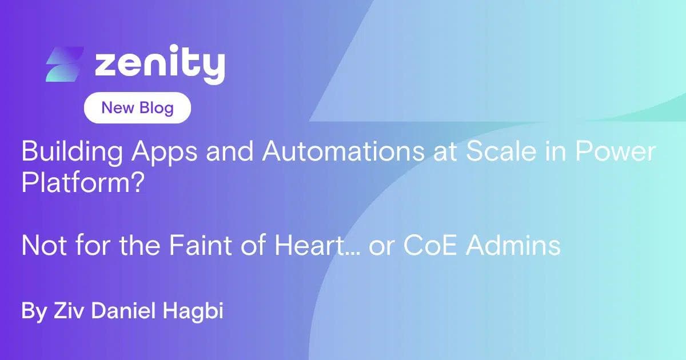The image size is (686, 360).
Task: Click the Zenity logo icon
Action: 65,65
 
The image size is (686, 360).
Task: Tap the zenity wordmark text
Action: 159,65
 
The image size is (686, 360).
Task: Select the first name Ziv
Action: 69,311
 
